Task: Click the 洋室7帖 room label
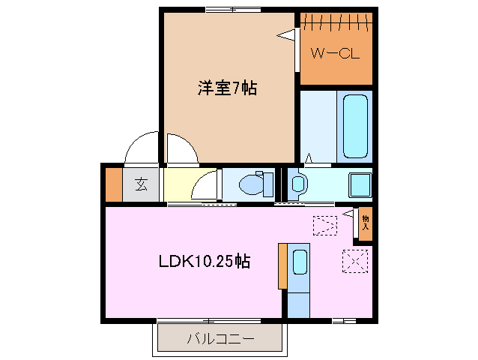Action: [227, 88]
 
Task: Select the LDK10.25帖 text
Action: [204, 262]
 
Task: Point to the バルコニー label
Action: [220, 339]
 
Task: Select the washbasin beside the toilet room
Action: [297, 183]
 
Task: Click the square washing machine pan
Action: [360, 184]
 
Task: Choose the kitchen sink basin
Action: [300, 261]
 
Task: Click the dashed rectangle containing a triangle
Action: [325, 225]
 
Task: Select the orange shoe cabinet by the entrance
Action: [113, 184]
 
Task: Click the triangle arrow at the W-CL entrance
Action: [286, 34]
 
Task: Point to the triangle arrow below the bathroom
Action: [309, 158]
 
